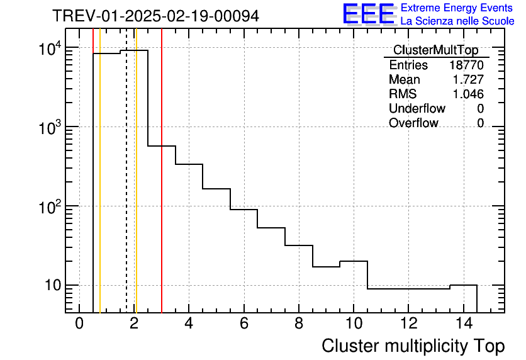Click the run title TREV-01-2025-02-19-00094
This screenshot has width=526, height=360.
point(155,16)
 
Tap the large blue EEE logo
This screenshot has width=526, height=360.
point(368,14)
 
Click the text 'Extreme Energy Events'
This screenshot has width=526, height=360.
point(457,8)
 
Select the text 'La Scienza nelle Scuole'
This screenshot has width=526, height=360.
point(457,21)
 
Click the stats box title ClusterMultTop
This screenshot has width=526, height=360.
point(435,50)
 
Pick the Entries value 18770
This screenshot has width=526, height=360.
point(466,65)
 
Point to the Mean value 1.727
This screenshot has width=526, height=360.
point(468,80)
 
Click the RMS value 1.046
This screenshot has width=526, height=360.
point(468,94)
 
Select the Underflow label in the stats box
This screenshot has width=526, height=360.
point(417,109)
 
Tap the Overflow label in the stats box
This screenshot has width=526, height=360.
point(413,123)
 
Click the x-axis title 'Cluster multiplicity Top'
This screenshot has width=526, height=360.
point(413,346)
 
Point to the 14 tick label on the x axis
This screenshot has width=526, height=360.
point(463,324)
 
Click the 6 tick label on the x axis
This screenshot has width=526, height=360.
point(243,324)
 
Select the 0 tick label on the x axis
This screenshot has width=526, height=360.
point(79,324)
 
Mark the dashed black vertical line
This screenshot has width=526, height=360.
point(126,189)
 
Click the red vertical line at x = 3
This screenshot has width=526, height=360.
point(162,189)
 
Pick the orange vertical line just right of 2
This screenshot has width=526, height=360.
point(136,189)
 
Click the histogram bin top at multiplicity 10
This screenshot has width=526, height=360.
point(354,261)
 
